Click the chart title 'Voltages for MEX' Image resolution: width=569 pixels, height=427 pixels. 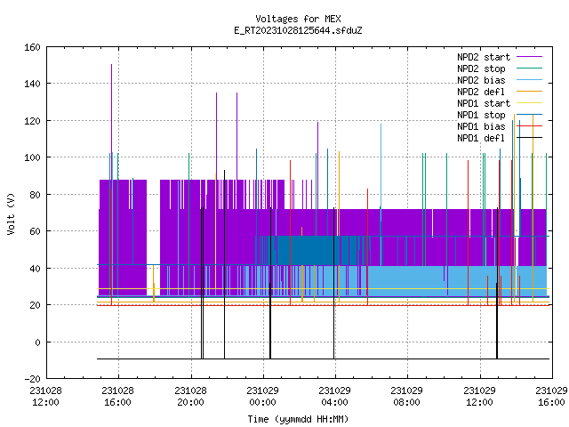(x=298, y=19)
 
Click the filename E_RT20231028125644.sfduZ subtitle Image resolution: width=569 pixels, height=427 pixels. (x=298, y=30)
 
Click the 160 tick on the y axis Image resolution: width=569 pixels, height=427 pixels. (x=32, y=47)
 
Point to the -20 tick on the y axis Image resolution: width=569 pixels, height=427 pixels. (x=32, y=379)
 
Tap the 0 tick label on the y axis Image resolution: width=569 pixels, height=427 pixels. (x=37, y=342)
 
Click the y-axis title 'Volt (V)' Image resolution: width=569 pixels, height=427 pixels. (x=11, y=214)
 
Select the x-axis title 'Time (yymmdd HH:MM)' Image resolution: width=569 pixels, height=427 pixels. (x=298, y=419)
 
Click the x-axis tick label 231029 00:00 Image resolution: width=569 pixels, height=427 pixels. (x=263, y=396)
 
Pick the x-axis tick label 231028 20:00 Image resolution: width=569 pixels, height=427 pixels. (x=190, y=396)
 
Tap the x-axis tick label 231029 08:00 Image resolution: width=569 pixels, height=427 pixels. (x=407, y=396)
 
